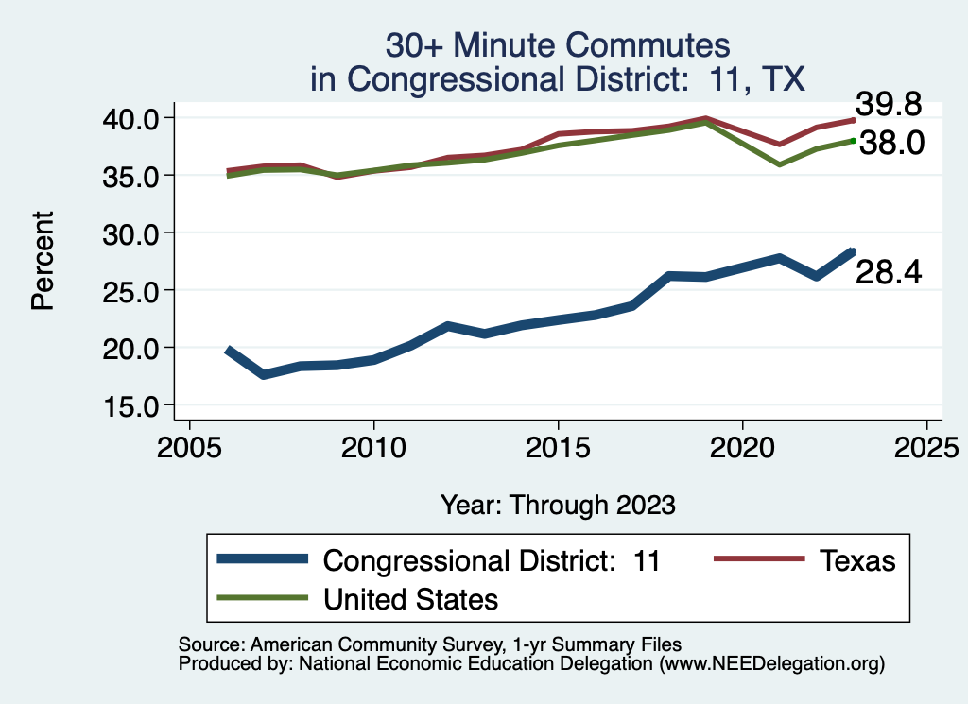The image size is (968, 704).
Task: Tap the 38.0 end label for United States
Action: click(x=890, y=145)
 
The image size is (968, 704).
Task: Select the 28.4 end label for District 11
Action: click(x=888, y=273)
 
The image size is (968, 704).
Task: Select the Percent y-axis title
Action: click(x=42, y=261)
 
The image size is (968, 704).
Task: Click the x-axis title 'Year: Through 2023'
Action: click(x=558, y=505)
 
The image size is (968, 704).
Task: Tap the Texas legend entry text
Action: click(x=856, y=560)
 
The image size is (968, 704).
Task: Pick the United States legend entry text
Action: click(x=410, y=599)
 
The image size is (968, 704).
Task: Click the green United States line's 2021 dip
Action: click(x=779, y=164)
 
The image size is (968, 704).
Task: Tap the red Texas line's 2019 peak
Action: click(x=705, y=119)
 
